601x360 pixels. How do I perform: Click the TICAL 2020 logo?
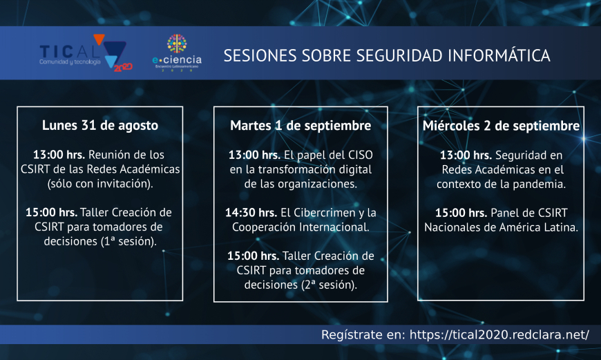click(x=86, y=53)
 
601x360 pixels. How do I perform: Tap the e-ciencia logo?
click(x=177, y=53)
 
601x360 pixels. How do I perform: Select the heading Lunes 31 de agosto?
click(x=100, y=125)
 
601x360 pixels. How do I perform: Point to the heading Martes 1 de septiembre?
click(x=300, y=125)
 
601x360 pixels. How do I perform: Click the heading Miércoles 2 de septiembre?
click(x=501, y=125)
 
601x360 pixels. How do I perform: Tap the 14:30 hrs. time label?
click(x=251, y=212)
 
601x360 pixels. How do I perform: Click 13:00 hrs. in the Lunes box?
click(x=59, y=155)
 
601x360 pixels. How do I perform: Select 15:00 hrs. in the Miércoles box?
click(x=461, y=212)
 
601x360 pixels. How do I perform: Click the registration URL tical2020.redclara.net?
click(x=499, y=334)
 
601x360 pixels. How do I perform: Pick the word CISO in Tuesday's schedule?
click(x=361, y=155)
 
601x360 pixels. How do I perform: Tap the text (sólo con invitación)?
click(x=100, y=184)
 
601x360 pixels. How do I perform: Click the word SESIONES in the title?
click(x=260, y=55)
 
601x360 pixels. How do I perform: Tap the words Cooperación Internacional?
click(x=301, y=227)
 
